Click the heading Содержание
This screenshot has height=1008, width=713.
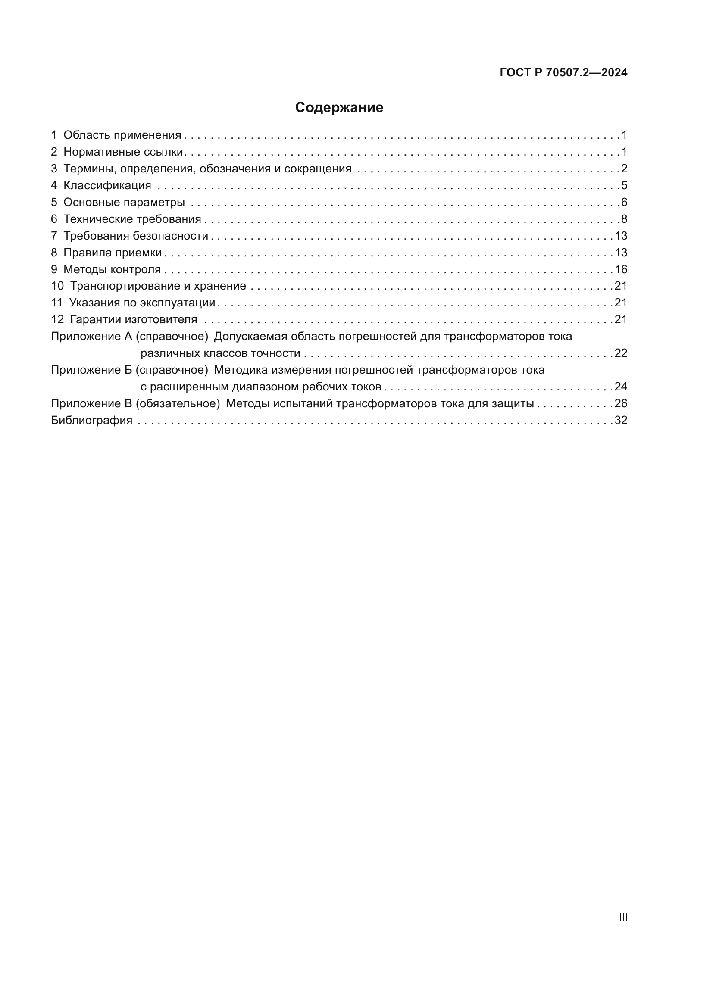pos(339,108)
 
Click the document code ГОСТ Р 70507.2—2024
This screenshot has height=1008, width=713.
pos(563,73)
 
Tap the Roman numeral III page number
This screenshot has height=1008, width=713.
pos(622,917)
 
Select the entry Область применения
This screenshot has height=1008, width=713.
pos(122,135)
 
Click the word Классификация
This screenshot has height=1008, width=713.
pos(107,186)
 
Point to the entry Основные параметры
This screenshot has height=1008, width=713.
pos(124,203)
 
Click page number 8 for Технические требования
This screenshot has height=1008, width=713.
pos(624,219)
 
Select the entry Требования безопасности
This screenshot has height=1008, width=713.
pos(136,236)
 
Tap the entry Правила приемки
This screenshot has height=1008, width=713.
pos(113,253)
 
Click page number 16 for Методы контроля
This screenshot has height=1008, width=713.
pos(621,269)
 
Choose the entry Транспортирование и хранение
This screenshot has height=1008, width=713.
pos(158,286)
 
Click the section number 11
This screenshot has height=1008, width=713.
pos(56,303)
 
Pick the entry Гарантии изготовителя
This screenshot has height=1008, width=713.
pos(134,320)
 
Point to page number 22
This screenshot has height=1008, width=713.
pos(621,353)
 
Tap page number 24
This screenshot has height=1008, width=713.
pos(621,387)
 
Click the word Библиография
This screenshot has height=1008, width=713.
pos(92,421)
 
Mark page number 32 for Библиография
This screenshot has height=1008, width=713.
pos(621,421)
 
